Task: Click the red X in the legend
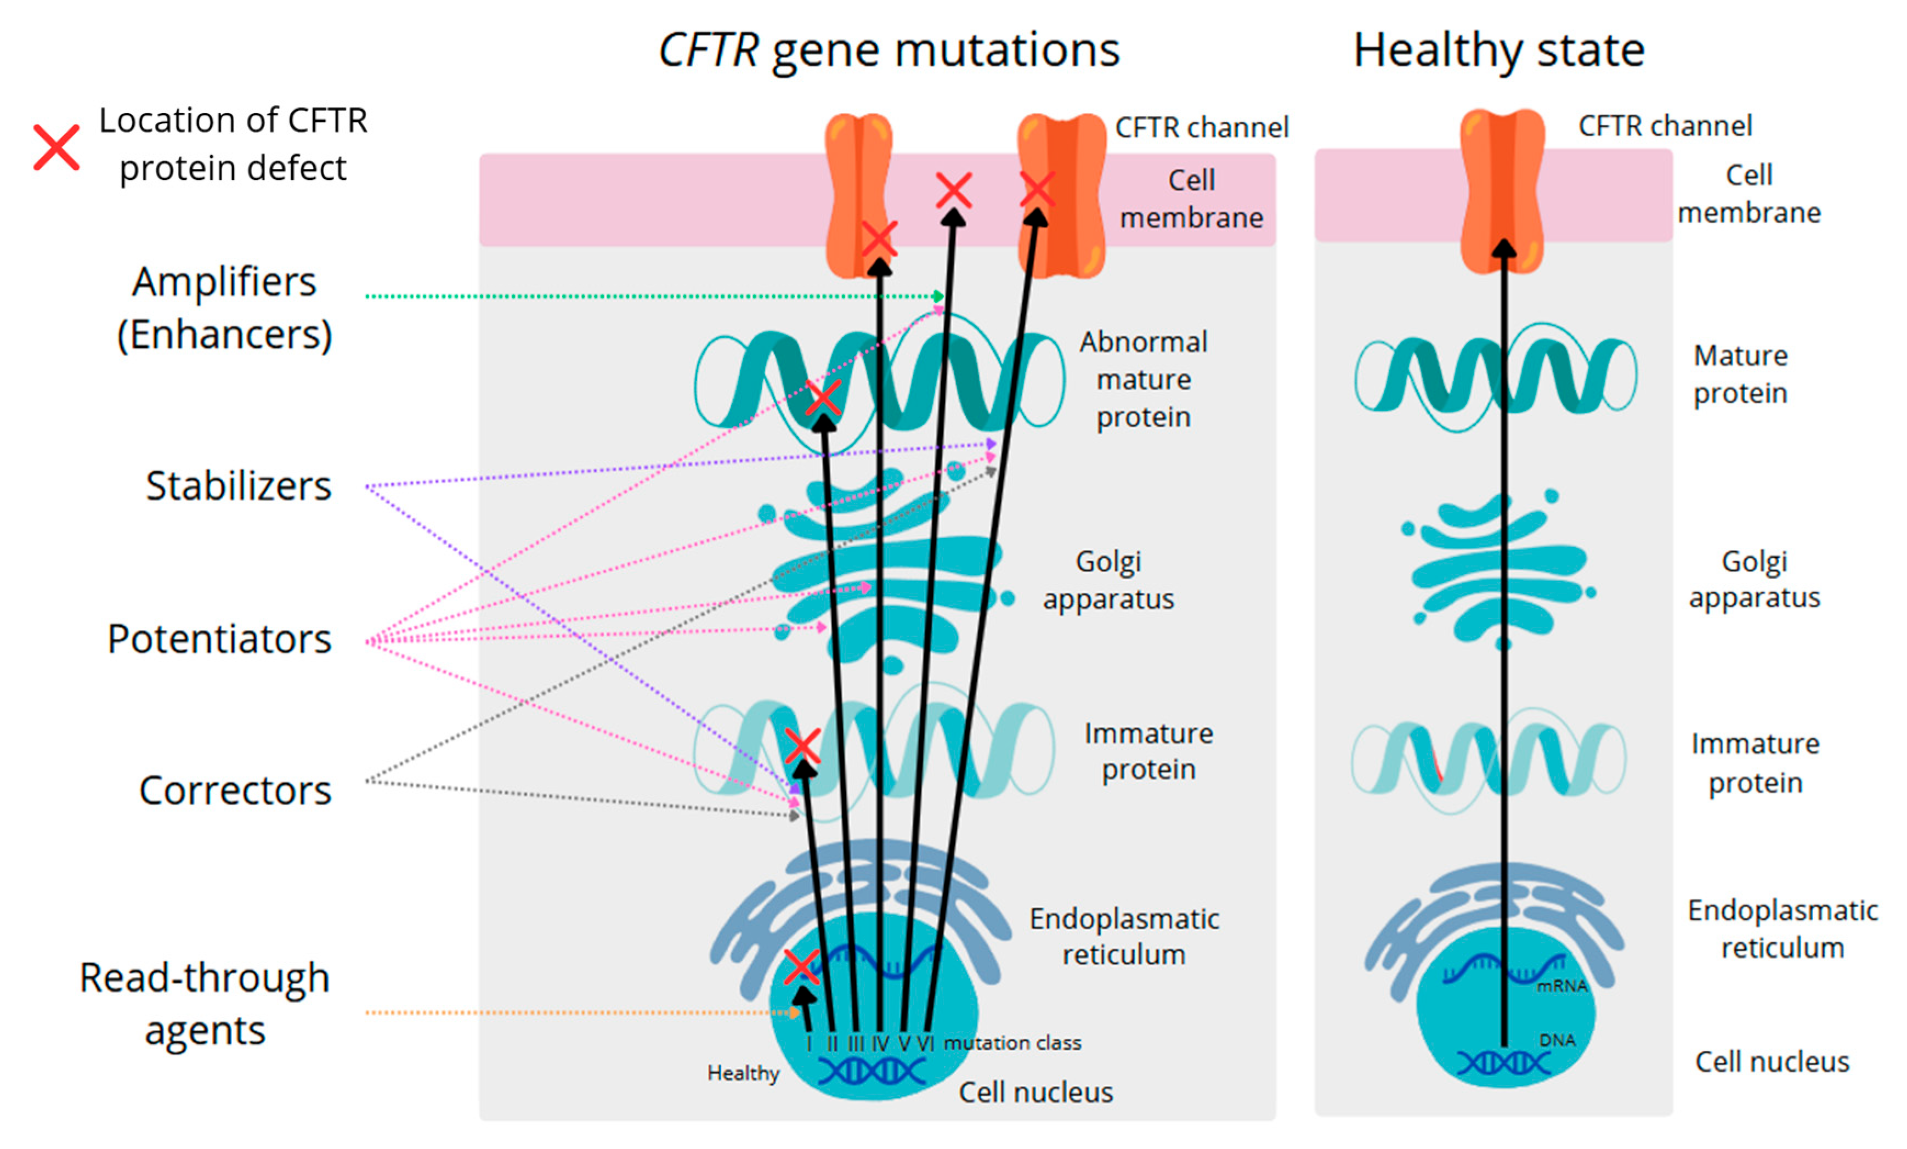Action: pyautogui.click(x=56, y=147)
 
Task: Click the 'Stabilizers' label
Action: pyautogui.click(x=239, y=486)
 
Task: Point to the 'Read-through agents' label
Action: pyautogui.click(x=205, y=1004)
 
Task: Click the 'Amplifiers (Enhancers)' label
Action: pyautogui.click(x=224, y=308)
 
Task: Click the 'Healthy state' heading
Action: pyautogui.click(x=1498, y=51)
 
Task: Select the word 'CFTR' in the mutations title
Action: pyautogui.click(x=708, y=51)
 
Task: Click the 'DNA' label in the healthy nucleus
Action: pyautogui.click(x=1557, y=1040)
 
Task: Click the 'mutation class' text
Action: pyautogui.click(x=1012, y=1043)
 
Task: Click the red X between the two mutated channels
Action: pyautogui.click(x=953, y=190)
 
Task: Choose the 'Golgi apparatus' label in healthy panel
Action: pyautogui.click(x=1754, y=580)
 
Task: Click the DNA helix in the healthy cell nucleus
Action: pyautogui.click(x=1503, y=1063)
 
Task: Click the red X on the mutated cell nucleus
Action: pyautogui.click(x=801, y=966)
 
